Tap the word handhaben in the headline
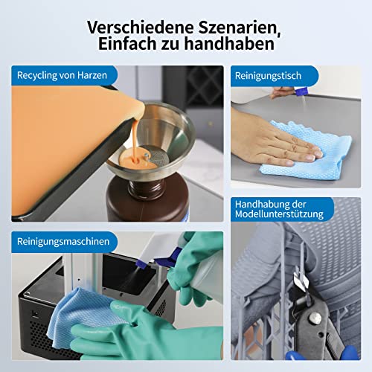[229, 44]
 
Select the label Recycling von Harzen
[62, 75]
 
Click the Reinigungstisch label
[268, 76]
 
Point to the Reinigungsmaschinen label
[63, 241]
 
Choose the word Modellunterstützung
[279, 214]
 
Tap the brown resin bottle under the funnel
[147, 199]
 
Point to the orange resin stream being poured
[135, 140]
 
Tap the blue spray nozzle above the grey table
[301, 92]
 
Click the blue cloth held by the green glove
[82, 315]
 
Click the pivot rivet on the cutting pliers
[315, 318]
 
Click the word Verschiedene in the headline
[140, 28]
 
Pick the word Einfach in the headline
[128, 44]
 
